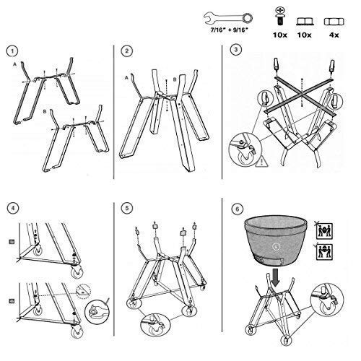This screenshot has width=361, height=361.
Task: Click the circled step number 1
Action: (10, 51)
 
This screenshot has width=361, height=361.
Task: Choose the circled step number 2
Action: (126, 51)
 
